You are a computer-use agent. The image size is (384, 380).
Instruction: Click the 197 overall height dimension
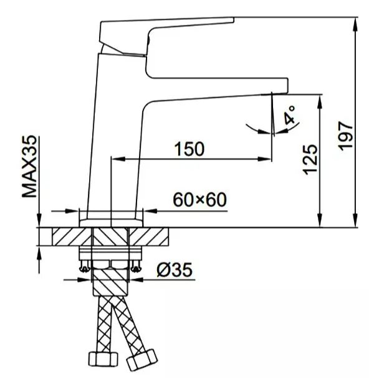(345, 136)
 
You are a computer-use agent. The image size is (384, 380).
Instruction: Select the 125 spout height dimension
(310, 160)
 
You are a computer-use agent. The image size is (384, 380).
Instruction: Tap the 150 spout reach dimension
(189, 149)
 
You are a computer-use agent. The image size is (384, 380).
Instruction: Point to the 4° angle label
(290, 115)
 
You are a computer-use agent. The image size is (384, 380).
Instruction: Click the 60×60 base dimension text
(200, 200)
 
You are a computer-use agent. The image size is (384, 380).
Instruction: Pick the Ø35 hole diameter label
(175, 269)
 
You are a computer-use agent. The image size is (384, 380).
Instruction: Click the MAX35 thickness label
(29, 167)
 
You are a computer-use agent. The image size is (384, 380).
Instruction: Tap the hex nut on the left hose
(103, 359)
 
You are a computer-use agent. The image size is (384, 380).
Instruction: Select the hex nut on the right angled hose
(142, 361)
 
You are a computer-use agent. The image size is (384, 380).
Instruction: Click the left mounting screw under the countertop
(85, 266)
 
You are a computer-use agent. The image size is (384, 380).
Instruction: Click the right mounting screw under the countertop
(136, 266)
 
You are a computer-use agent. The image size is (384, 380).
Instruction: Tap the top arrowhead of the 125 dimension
(320, 101)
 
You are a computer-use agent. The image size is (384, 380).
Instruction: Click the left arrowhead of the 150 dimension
(118, 159)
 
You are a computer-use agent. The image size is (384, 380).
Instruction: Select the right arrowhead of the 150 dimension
(264, 159)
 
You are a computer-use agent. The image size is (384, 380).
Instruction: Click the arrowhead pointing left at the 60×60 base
(150, 210)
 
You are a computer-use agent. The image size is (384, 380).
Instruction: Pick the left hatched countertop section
(72, 236)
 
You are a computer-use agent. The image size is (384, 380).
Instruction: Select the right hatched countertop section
(149, 236)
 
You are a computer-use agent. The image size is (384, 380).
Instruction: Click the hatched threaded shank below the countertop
(110, 281)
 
